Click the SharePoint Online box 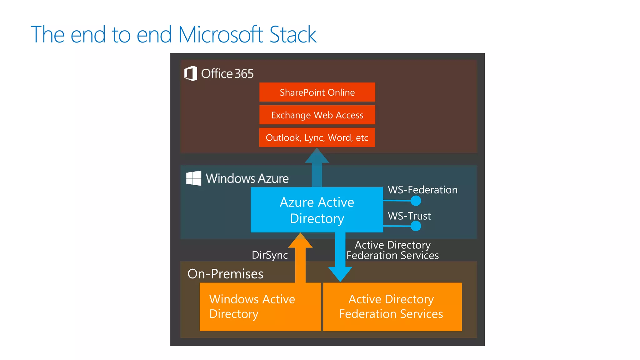pos(317,92)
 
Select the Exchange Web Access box pos(317,115)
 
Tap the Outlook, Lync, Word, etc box pos(317,137)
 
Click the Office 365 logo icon pos(191,73)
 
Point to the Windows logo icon pos(193,178)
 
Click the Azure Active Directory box pos(317,210)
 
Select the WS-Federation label pos(422,190)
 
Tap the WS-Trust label pos(409,216)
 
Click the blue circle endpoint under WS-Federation pos(416,201)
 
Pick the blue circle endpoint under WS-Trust pos(416,226)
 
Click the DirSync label pos(270,255)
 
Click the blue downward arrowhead pos(340,274)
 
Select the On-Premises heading pos(225,274)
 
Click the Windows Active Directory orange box pos(260,307)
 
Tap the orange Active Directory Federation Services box pos(392,307)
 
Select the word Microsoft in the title pos(221,34)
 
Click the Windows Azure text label pos(247,178)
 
